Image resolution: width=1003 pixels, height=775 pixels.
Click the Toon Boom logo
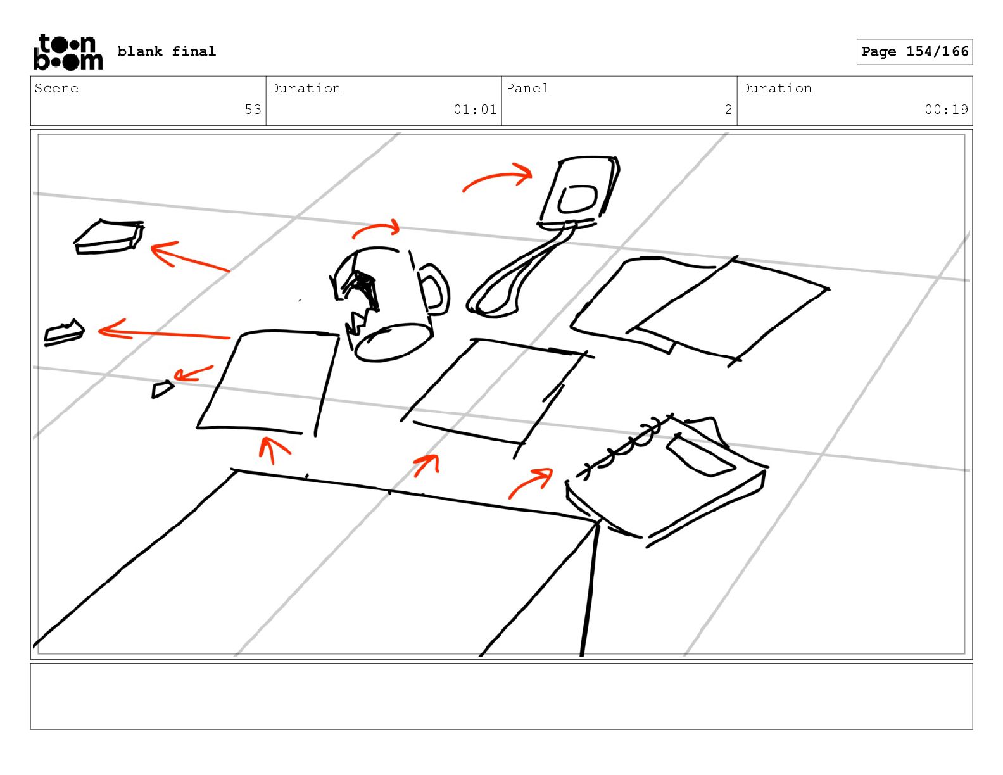pyautogui.click(x=68, y=52)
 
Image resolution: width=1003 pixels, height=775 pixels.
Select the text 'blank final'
pyautogui.click(x=167, y=51)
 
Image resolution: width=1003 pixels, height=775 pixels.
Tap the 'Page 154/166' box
pyautogui.click(x=914, y=52)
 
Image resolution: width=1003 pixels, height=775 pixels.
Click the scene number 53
pyautogui.click(x=253, y=110)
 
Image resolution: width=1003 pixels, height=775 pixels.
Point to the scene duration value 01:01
pyautogui.click(x=475, y=110)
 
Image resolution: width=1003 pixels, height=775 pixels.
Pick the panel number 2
pyautogui.click(x=728, y=110)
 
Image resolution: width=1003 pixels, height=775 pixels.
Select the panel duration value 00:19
pyautogui.click(x=946, y=110)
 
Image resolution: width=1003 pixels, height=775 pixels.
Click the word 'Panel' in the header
pyautogui.click(x=527, y=88)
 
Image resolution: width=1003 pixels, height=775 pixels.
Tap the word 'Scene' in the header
pyautogui.click(x=56, y=88)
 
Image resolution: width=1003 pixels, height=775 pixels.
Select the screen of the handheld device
pyautogui.click(x=577, y=199)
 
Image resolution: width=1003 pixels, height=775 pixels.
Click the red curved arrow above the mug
pyautogui.click(x=376, y=226)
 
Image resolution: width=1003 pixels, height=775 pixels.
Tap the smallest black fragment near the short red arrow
pyautogui.click(x=161, y=389)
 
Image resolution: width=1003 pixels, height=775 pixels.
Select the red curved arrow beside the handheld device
pyautogui.click(x=496, y=175)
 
